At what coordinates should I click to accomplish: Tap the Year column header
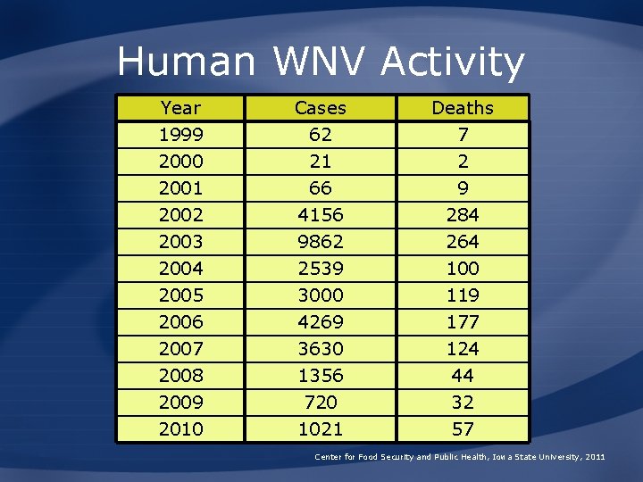(x=180, y=108)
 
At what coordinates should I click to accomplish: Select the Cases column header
(x=320, y=108)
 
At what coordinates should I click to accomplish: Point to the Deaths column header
(x=462, y=108)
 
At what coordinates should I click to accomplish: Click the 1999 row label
(x=180, y=135)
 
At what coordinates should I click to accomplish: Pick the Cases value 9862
(x=320, y=242)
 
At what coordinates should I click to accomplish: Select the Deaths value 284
(x=462, y=215)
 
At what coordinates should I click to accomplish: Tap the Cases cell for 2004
(x=320, y=269)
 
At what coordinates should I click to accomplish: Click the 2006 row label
(x=180, y=322)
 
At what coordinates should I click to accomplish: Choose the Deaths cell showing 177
(x=462, y=322)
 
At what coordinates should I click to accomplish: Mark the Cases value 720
(x=320, y=403)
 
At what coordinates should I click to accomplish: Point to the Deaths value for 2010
(x=462, y=429)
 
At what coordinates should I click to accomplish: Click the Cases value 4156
(x=320, y=215)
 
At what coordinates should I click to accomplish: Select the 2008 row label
(x=180, y=376)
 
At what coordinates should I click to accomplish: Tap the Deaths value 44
(x=462, y=376)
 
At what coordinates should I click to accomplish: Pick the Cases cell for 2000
(x=320, y=162)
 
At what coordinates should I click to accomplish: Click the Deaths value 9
(x=462, y=188)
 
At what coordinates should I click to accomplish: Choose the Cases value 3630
(x=320, y=349)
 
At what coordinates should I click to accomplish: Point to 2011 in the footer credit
(x=596, y=457)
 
